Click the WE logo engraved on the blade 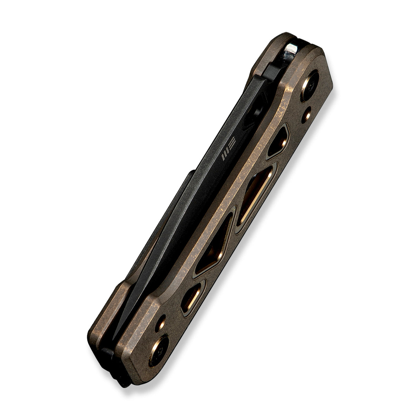(228, 149)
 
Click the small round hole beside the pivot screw (306, 115)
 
